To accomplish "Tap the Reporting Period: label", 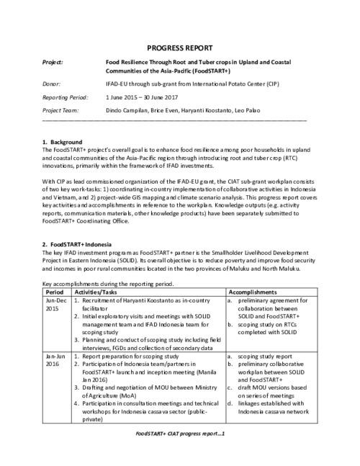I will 65,96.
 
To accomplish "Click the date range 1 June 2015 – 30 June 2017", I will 146,96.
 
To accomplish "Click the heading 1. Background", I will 63,141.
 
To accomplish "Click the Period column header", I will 54,292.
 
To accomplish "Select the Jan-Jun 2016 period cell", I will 55,360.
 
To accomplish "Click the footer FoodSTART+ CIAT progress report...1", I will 181,434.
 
